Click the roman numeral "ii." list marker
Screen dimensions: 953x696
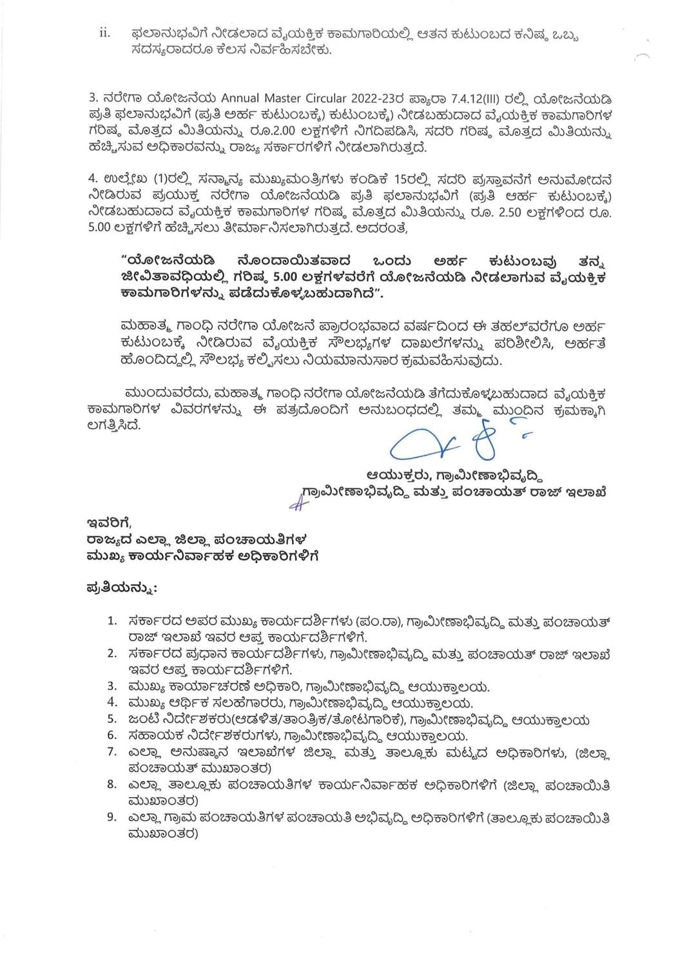click(x=104, y=33)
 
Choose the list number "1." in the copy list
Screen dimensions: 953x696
click(x=112, y=621)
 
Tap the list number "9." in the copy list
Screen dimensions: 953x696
click(x=112, y=818)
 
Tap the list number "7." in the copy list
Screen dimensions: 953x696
click(x=112, y=752)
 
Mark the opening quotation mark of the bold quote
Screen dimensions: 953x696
click(x=123, y=260)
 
